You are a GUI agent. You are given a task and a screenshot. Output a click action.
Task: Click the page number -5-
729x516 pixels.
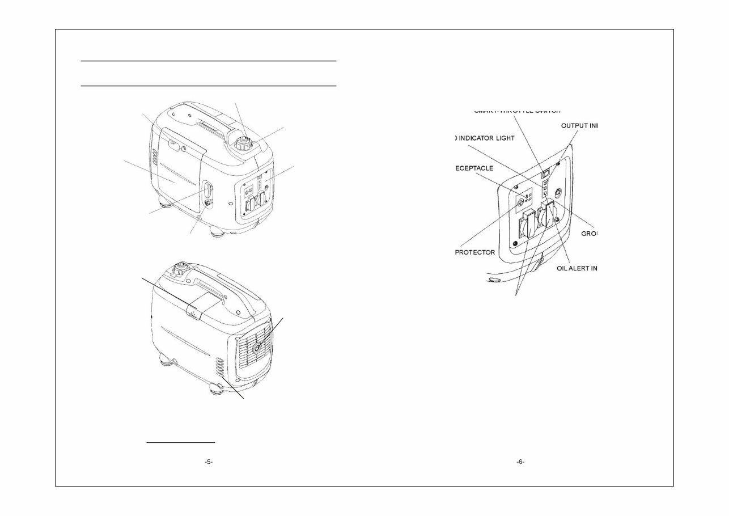pos(208,462)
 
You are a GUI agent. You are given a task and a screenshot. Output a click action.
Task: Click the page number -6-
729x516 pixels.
pos(520,462)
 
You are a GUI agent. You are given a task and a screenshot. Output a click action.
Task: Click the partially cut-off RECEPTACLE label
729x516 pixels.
pos(474,168)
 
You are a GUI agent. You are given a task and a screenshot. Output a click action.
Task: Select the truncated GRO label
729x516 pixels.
pos(590,234)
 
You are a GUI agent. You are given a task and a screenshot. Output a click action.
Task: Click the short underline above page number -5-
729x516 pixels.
pos(181,441)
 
